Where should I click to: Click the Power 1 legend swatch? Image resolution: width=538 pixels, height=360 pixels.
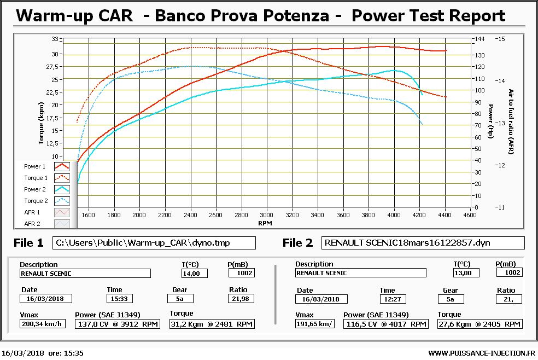(62, 166)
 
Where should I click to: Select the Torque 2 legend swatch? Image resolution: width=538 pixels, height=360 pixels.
(62, 201)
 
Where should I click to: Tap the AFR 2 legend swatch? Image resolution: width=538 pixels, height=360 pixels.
(62, 224)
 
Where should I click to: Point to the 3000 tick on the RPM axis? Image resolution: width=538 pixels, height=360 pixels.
(266, 215)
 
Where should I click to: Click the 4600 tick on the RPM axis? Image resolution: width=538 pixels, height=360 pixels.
(469, 215)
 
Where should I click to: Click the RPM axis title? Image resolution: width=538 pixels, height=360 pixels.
(265, 223)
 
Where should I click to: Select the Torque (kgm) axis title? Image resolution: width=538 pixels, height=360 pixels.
(42, 126)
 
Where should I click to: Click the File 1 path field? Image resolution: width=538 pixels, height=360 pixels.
(154, 243)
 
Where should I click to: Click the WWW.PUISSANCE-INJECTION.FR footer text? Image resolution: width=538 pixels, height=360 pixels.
(481, 353)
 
